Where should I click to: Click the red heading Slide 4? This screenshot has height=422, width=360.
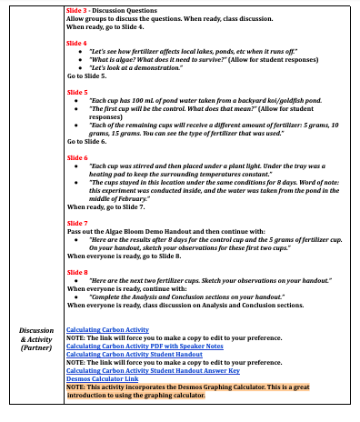(77, 43)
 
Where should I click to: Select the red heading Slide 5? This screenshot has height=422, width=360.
(77, 92)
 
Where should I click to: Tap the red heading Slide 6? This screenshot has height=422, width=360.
(77, 156)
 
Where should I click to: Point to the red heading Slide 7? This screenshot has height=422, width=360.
(77, 222)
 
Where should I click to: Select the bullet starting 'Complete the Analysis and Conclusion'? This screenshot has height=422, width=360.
(191, 296)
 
